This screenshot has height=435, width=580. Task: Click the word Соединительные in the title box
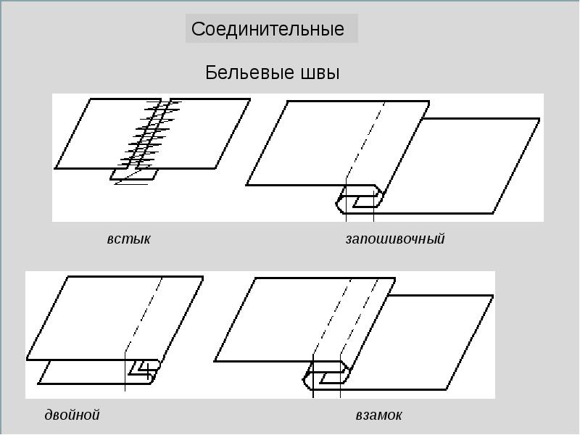268,30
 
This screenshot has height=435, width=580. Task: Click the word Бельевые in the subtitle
240,72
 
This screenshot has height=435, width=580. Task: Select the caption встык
128,239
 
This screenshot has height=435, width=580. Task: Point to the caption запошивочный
394,239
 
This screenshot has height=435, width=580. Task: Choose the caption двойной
72,415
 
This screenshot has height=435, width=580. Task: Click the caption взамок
378,415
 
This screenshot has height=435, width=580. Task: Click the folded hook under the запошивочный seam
359,199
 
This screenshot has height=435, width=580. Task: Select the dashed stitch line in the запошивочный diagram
366,142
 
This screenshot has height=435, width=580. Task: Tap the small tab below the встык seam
134,175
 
